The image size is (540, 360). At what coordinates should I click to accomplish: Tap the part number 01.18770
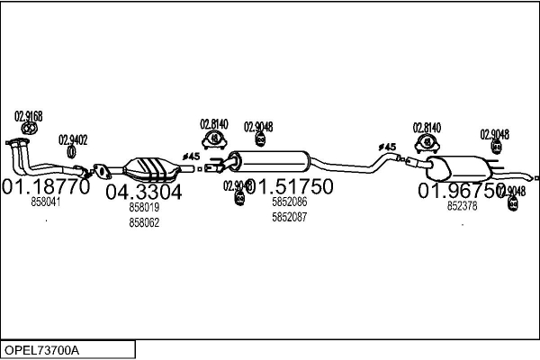[x=46, y=188]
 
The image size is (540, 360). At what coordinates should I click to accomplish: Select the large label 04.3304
[x=144, y=193]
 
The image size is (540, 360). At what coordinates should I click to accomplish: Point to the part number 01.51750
[x=290, y=187]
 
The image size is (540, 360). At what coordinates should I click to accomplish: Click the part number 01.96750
[x=460, y=191]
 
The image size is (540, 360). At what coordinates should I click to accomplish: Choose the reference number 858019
[x=144, y=208]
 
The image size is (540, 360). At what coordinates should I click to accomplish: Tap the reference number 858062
[x=144, y=222]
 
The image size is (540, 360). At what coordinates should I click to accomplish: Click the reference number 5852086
[x=289, y=203]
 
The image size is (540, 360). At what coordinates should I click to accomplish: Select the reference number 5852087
[x=289, y=217]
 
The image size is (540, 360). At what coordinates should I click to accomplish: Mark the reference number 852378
[x=463, y=206]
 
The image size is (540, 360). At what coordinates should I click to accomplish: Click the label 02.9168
[x=29, y=115]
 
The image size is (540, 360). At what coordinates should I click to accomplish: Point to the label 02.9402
[x=73, y=139]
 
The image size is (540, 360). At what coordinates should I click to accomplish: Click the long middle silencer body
[x=270, y=164]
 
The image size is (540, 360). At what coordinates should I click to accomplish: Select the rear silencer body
[x=459, y=169]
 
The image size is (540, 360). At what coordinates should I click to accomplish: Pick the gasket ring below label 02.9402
[x=72, y=153]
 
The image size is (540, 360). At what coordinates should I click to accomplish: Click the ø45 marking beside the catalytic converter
[x=192, y=157]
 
